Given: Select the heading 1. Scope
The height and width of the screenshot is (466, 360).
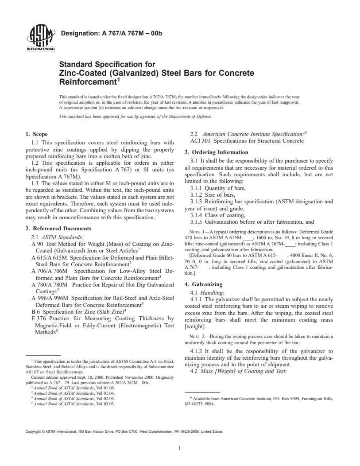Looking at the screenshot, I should pos(36,134).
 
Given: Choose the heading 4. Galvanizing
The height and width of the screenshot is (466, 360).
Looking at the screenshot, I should pos(203,284).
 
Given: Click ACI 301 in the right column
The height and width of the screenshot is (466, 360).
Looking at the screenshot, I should pos(195,141).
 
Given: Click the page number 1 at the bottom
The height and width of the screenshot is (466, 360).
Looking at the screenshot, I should pos(180,447).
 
